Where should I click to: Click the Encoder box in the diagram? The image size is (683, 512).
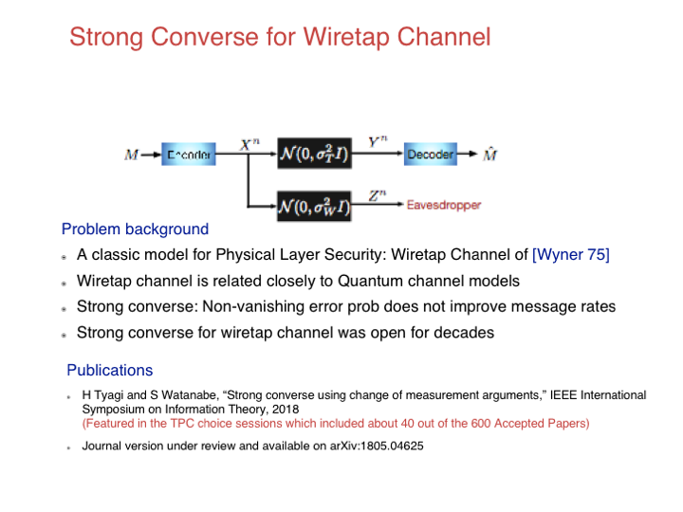[x=189, y=155]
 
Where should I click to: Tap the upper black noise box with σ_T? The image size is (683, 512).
[x=314, y=155]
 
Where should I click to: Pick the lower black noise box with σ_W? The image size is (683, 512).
[x=314, y=205]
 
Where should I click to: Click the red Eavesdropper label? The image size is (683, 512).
[x=444, y=205]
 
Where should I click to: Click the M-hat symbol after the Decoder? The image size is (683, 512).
[x=490, y=154]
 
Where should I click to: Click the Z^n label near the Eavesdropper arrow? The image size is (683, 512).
[x=378, y=194]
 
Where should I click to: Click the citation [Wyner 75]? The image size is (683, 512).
[x=571, y=255]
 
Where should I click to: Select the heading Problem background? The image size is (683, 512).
[x=135, y=229]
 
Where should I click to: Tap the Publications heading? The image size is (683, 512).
[x=109, y=370]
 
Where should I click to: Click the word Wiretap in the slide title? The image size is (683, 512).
[x=347, y=38]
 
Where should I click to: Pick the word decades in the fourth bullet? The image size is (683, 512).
[x=465, y=333]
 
